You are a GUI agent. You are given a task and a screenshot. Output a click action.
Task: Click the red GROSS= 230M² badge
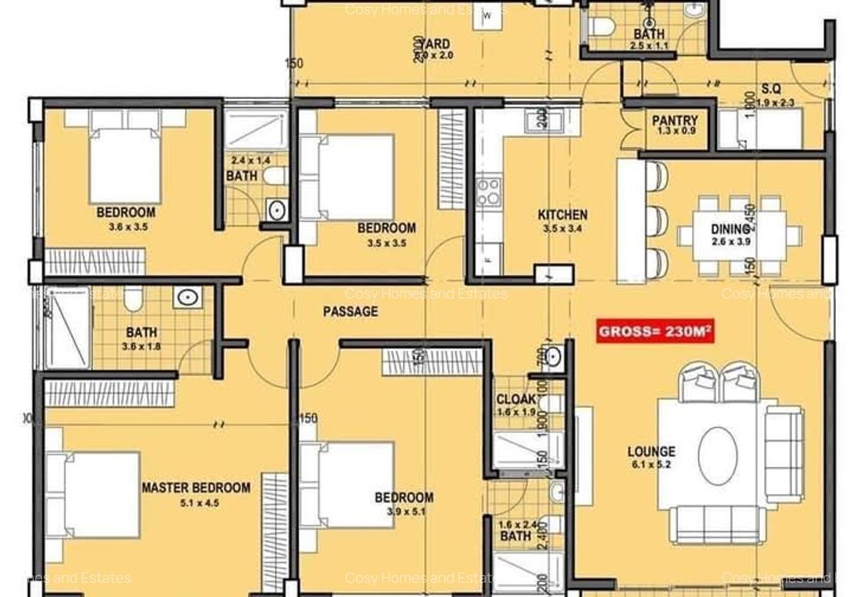click(655, 331)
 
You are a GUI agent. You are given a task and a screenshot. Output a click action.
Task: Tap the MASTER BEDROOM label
click(195, 488)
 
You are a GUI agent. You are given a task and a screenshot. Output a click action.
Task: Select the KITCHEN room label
click(562, 215)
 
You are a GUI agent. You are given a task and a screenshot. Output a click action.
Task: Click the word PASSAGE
click(350, 311)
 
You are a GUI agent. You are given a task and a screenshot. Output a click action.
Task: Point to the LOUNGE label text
click(651, 451)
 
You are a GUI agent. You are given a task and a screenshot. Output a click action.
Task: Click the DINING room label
click(730, 229)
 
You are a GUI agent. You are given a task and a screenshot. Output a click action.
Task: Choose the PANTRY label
click(675, 121)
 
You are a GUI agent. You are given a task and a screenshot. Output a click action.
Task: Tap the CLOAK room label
click(515, 399)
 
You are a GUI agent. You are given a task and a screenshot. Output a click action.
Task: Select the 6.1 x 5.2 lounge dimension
click(651, 466)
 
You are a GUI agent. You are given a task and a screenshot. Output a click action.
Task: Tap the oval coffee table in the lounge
click(717, 456)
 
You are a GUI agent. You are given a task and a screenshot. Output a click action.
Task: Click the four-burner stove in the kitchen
click(488, 191)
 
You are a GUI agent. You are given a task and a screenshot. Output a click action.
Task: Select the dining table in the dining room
click(740, 235)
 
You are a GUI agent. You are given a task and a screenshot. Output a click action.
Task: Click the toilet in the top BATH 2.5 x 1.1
click(603, 27)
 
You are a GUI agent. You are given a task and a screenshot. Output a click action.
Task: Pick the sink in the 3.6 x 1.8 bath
click(188, 298)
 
